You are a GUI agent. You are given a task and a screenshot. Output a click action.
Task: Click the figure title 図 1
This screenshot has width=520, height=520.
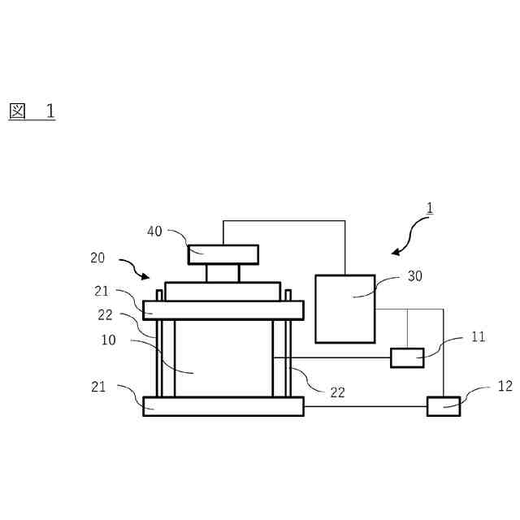(32, 111)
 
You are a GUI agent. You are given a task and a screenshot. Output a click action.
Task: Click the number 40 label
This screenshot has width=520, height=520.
(154, 231)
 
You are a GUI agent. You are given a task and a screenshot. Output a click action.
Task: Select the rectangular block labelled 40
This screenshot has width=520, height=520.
(223, 254)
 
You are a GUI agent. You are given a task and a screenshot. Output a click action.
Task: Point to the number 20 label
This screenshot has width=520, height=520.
(97, 258)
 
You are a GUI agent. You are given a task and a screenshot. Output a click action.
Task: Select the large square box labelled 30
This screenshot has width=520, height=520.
(344, 309)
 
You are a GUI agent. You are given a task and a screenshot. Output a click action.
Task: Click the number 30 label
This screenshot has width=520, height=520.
(415, 276)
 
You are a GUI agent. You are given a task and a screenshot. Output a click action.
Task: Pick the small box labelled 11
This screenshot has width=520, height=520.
(407, 357)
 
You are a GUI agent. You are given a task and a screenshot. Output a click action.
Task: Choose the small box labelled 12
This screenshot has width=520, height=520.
(444, 405)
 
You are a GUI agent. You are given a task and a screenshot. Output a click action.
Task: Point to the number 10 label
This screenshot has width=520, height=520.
(109, 340)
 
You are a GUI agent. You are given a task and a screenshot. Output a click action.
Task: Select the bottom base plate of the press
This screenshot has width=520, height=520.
(223, 405)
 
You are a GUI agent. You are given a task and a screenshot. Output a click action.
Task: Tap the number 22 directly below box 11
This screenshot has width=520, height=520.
(338, 392)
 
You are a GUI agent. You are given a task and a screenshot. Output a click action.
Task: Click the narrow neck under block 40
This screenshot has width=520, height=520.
(222, 273)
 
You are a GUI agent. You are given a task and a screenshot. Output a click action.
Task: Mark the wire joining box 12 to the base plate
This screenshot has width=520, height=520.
(366, 405)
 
